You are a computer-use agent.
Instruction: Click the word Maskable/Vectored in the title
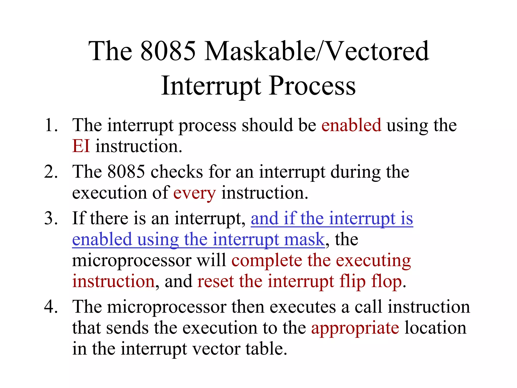pyautogui.click(x=317, y=51)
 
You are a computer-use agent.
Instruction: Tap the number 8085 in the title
pyautogui.click(x=168, y=51)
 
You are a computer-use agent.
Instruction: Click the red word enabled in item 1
pyautogui.click(x=351, y=125)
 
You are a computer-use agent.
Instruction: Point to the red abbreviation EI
pyautogui.click(x=81, y=146)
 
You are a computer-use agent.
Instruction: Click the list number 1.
pyautogui.click(x=51, y=125)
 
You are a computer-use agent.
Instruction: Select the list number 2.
pyautogui.click(x=51, y=172)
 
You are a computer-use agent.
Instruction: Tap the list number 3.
pyautogui.click(x=51, y=218)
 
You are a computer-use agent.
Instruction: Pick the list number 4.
pyautogui.click(x=51, y=307)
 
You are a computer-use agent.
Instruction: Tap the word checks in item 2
pyautogui.click(x=177, y=172)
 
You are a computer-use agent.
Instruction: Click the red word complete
pyautogui.click(x=267, y=260)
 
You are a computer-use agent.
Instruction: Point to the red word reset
pyautogui.click(x=215, y=281)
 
